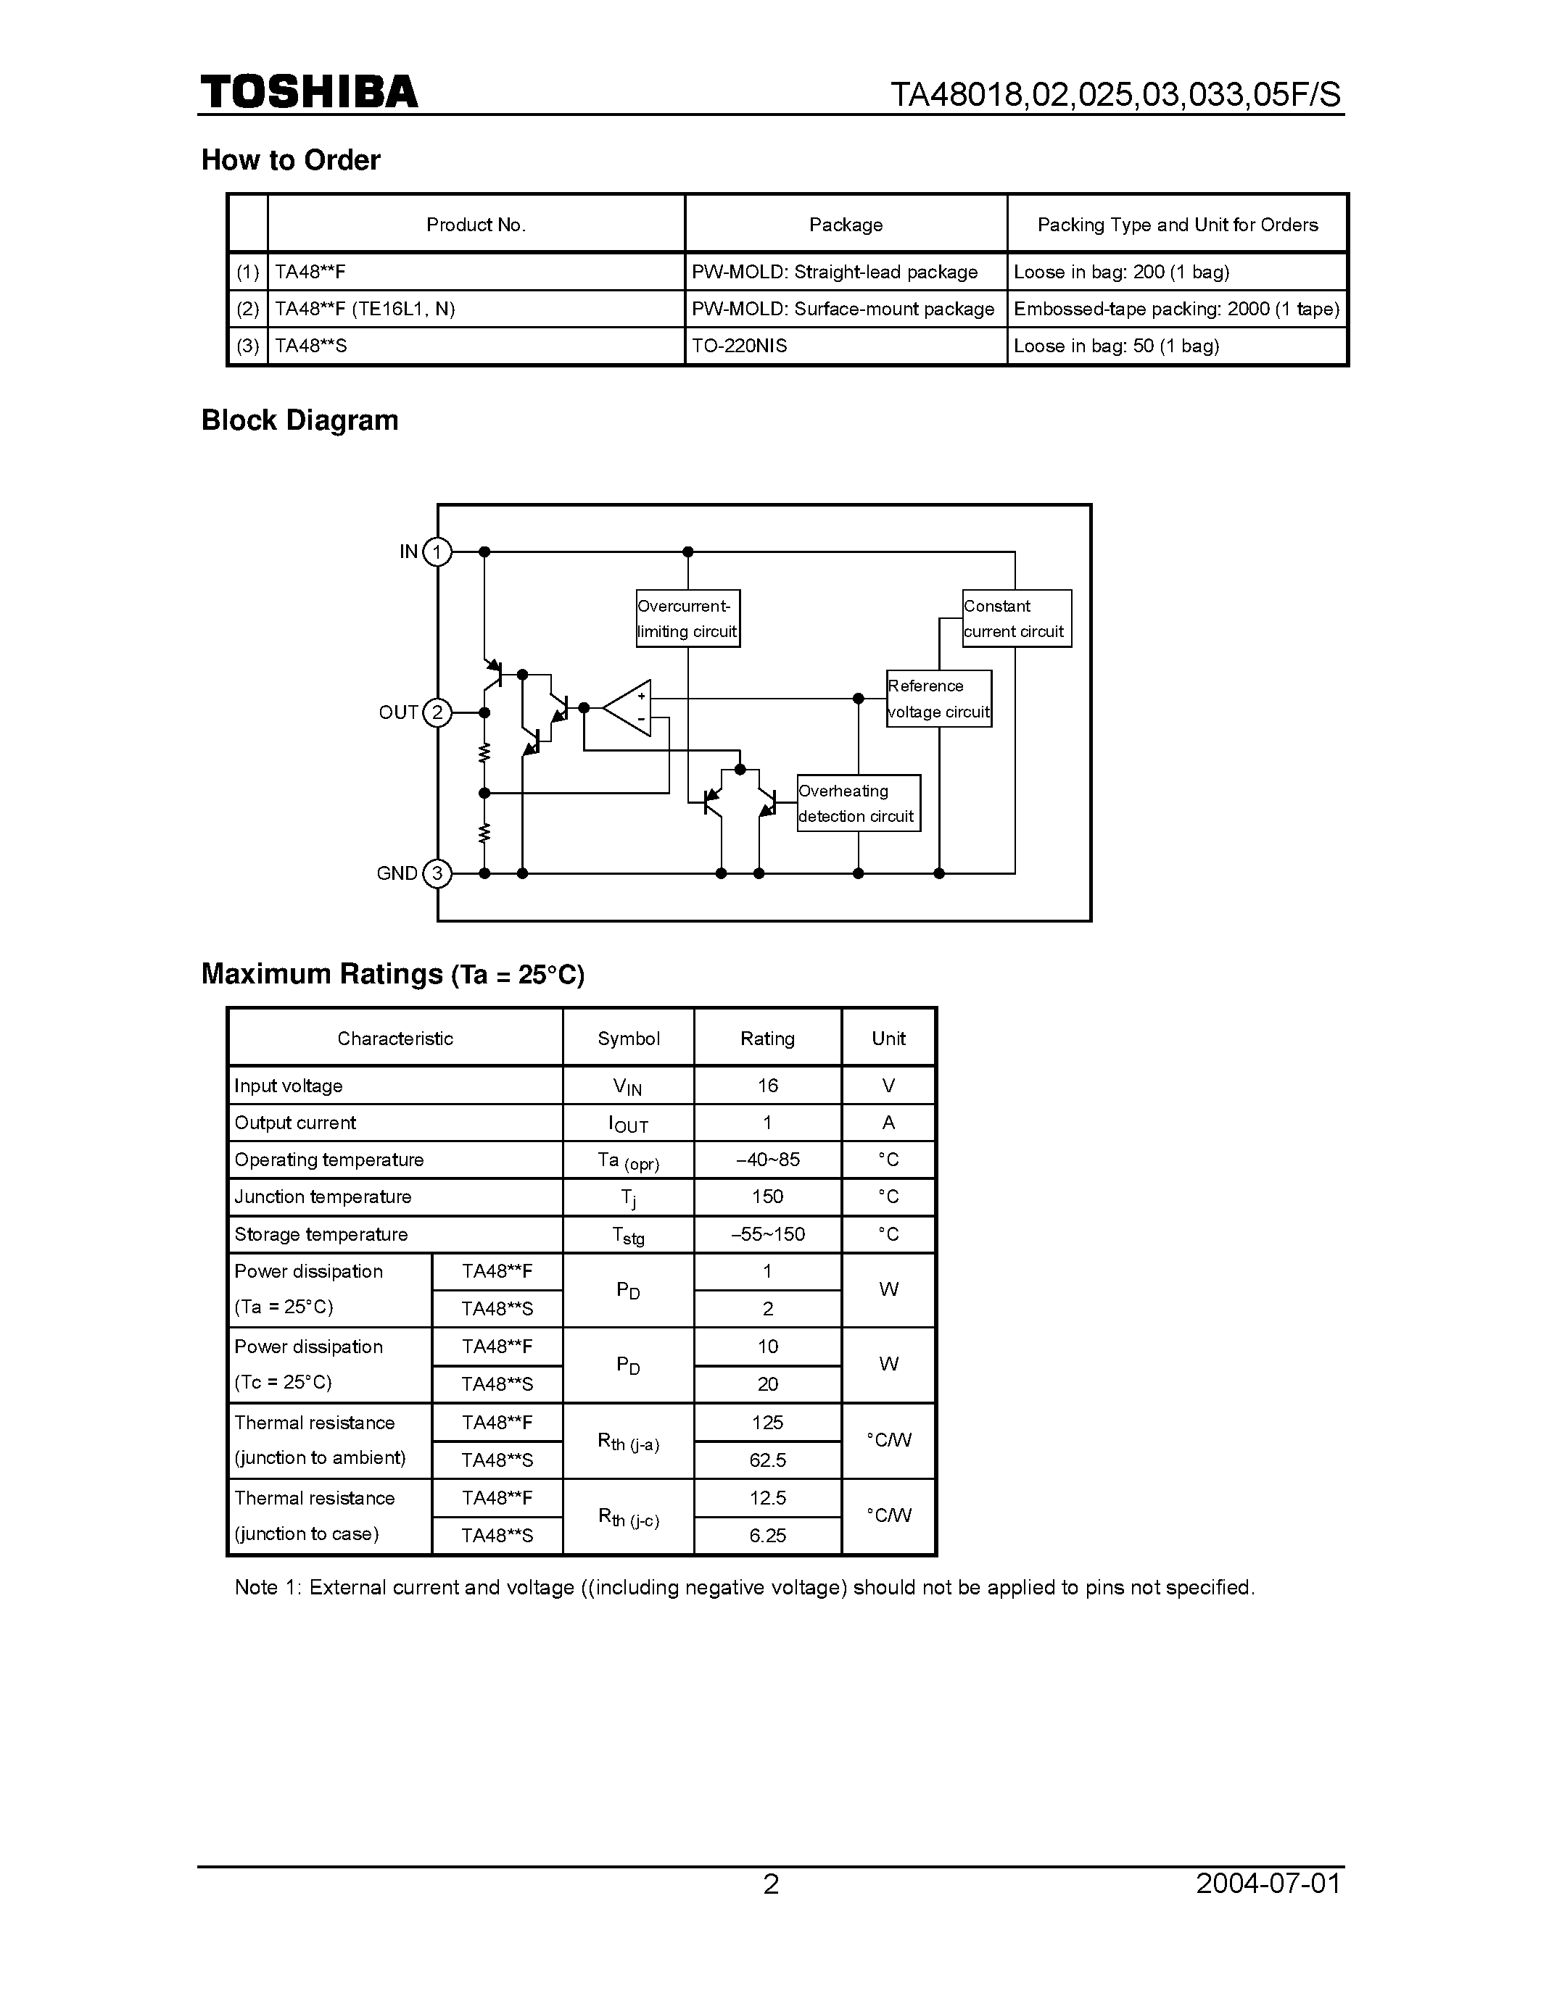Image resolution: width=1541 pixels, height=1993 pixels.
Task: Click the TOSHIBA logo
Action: tap(310, 92)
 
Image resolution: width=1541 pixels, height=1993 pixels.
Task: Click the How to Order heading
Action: tap(290, 159)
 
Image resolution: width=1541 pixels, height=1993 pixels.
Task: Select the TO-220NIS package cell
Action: tap(846, 346)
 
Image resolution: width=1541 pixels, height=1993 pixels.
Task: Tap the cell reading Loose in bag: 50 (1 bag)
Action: tap(1177, 346)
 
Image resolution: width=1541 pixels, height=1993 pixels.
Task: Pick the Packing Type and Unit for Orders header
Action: tap(1177, 225)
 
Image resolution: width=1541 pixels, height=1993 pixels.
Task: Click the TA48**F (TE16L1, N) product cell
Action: tap(475, 309)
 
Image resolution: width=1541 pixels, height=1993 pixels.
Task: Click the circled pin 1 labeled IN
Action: tap(437, 552)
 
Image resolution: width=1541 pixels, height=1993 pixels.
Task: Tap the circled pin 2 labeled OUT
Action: tap(437, 712)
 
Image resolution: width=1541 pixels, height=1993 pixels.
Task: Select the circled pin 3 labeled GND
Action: tap(437, 873)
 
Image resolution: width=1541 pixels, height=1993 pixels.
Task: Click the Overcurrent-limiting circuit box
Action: tap(687, 619)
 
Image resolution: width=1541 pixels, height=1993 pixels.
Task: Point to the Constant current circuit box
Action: tap(1016, 619)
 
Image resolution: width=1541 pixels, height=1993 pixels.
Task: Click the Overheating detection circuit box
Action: tap(858, 803)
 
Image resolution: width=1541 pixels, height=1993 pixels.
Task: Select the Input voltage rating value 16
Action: tap(767, 1086)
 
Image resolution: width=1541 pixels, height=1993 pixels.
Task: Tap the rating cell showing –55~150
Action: tap(767, 1235)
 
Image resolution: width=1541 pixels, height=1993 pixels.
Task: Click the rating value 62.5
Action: tap(767, 1460)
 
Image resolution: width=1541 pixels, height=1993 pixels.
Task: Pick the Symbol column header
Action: tap(628, 1039)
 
